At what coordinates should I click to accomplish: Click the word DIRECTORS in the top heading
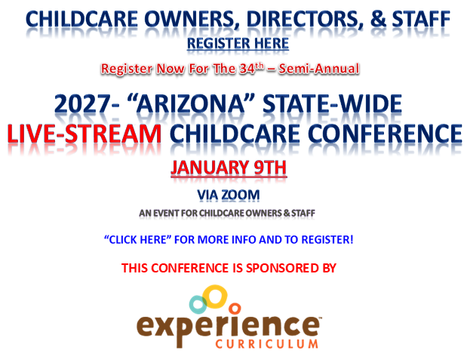coord(303,19)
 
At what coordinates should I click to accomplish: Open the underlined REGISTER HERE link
coord(238,44)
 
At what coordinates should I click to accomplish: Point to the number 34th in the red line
coord(252,69)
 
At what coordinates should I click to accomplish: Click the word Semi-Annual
coord(319,69)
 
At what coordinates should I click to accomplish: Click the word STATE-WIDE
coord(332,103)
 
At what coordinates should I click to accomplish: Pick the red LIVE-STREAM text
coord(84,134)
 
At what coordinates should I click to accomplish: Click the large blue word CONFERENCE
coord(385,134)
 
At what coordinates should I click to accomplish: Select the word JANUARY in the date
coord(210,168)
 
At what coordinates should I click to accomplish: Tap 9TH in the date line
coord(270,168)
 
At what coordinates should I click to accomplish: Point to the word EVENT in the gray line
coord(166,213)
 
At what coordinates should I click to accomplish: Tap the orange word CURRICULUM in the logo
coord(266,344)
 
